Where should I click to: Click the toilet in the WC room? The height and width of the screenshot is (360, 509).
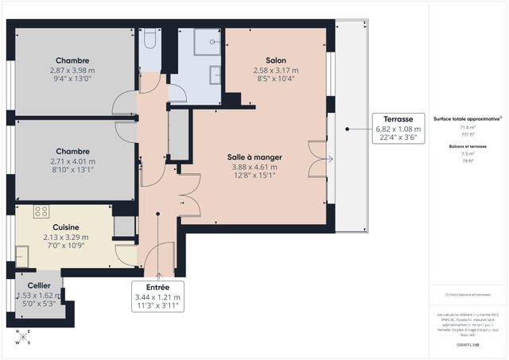tap(150, 37)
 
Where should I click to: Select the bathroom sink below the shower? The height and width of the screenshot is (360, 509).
tap(216, 74)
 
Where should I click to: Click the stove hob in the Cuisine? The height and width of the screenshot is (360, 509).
tap(41, 211)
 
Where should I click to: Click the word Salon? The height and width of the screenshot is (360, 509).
tap(276, 60)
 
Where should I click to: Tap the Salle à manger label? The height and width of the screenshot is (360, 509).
tap(255, 157)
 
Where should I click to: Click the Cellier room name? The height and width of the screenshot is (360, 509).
tap(39, 285)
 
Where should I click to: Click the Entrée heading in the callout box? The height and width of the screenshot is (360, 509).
tap(158, 288)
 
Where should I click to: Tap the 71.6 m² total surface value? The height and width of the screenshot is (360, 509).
tap(468, 127)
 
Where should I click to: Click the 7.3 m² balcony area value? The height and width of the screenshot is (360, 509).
tap(468, 153)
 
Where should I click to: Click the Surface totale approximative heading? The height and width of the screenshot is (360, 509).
tap(467, 118)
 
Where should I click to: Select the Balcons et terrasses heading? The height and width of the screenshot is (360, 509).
tap(468, 145)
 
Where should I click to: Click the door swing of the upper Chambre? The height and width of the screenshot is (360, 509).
tap(126, 103)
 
